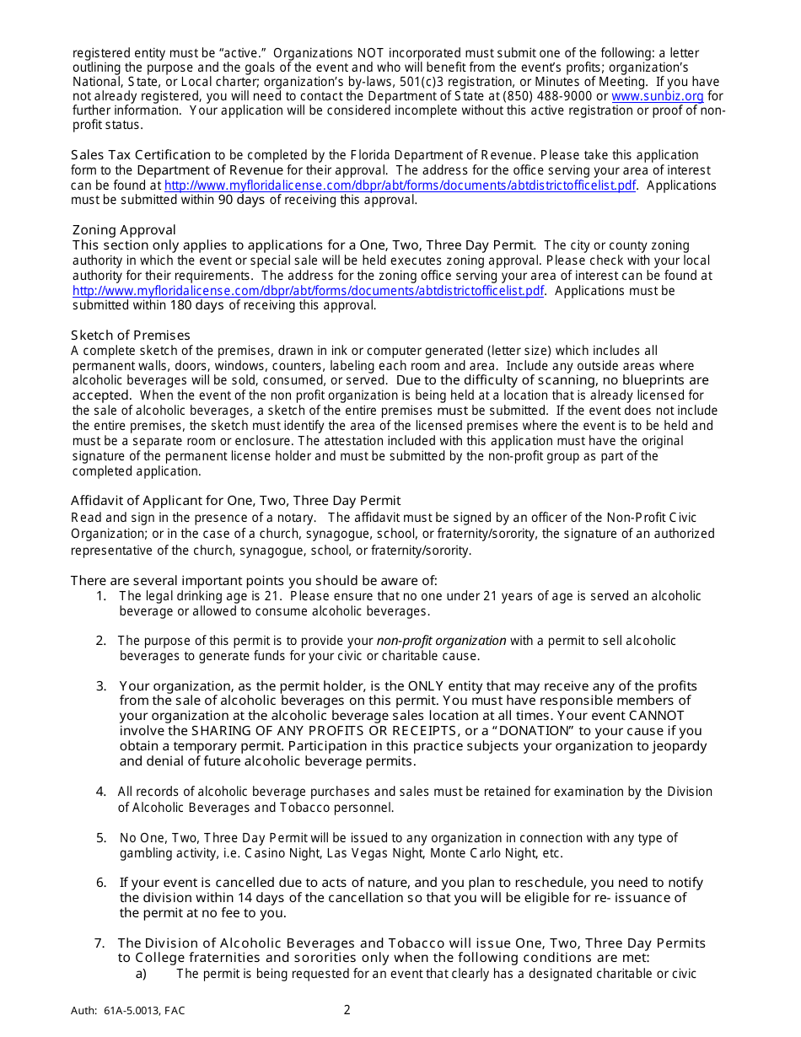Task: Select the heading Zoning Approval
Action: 124,230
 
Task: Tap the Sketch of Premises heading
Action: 131,336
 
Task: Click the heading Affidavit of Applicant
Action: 235,500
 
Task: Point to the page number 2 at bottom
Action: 347,1010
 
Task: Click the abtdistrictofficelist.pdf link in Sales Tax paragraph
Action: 400,185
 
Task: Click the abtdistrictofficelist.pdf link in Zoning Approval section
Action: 309,291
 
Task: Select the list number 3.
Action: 101,686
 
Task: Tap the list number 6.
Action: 101,883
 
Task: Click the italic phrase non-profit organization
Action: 441,641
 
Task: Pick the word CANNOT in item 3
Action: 668,716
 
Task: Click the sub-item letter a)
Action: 141,974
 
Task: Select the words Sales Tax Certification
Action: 141,155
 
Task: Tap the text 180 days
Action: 198,305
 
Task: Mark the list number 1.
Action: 101,596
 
